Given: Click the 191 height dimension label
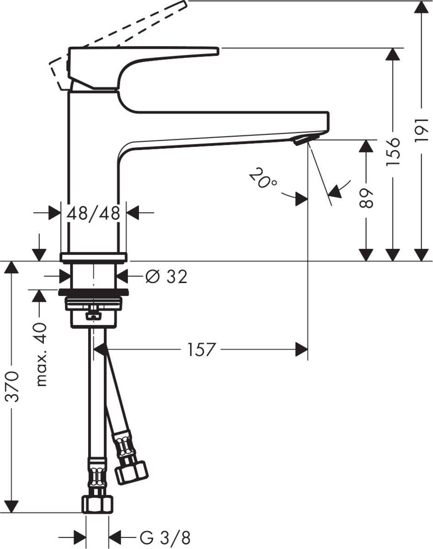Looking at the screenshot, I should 422,129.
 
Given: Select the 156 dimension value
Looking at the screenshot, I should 393,151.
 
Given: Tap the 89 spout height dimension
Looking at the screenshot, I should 366,197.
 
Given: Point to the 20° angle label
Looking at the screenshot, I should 263,178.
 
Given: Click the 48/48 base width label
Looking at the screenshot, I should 93,213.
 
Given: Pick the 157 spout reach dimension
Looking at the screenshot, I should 201,350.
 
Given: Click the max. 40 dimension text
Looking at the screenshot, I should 41,354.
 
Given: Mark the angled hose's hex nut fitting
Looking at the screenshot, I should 131,472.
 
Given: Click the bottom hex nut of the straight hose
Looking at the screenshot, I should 96,504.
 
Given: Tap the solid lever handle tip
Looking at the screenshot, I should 213,51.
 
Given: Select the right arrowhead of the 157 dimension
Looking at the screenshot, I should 302,350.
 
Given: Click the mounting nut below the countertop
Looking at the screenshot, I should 93,304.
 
